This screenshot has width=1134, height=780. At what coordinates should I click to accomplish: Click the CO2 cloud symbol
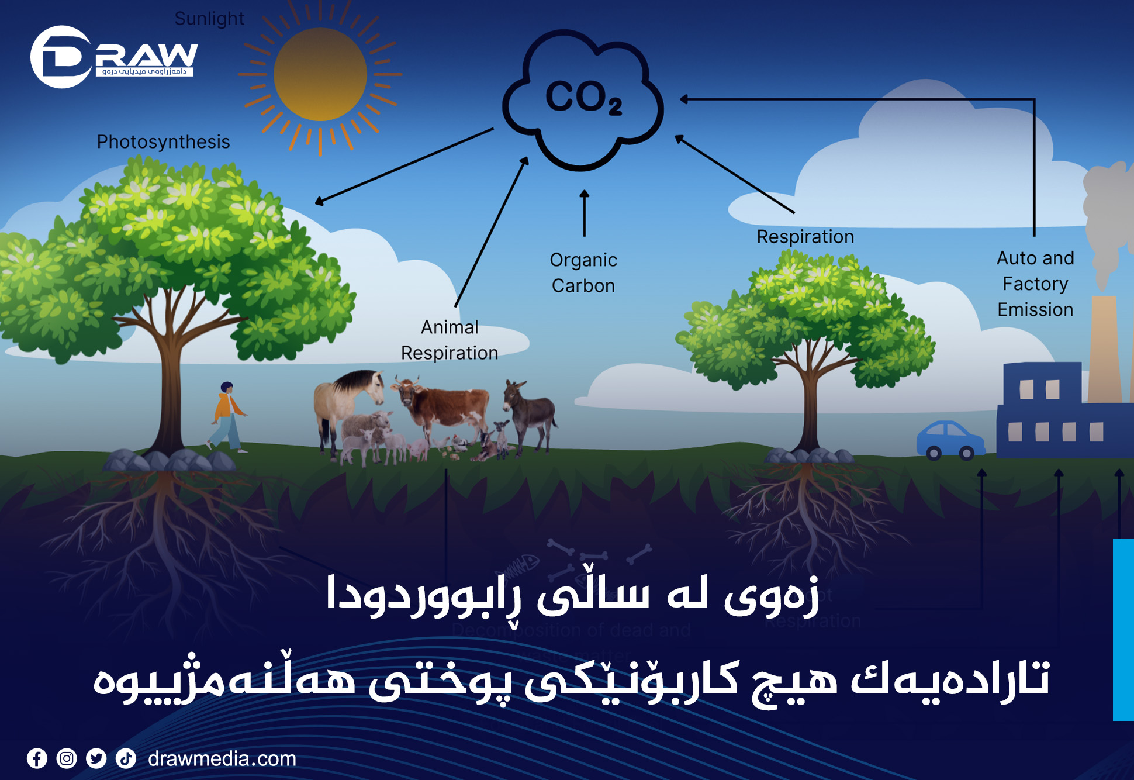coord(583,99)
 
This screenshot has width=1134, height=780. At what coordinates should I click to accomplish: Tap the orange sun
coord(320,75)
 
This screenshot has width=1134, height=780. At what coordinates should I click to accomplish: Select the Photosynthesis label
coord(163,142)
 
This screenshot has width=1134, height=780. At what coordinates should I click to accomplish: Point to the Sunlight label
coord(209,19)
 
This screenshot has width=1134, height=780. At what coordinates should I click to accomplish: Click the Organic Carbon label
coord(583,272)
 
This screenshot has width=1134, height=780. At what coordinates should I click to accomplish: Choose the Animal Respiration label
coord(450,340)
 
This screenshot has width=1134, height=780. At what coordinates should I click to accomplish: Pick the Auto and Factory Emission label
coord(1035,284)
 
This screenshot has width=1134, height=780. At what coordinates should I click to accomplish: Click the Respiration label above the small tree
coord(805,237)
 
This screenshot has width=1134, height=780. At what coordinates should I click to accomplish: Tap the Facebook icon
coord(37,758)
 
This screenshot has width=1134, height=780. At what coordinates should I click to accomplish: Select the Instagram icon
coord(67,758)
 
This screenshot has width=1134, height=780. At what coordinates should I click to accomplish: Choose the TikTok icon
coord(126,758)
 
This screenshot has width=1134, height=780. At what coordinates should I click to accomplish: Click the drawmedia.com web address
coord(222,759)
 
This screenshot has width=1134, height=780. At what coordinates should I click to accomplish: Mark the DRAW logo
coord(114,57)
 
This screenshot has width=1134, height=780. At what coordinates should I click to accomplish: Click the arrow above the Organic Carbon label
coord(584,213)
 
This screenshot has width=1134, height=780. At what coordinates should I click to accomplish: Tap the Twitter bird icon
coord(96,758)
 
